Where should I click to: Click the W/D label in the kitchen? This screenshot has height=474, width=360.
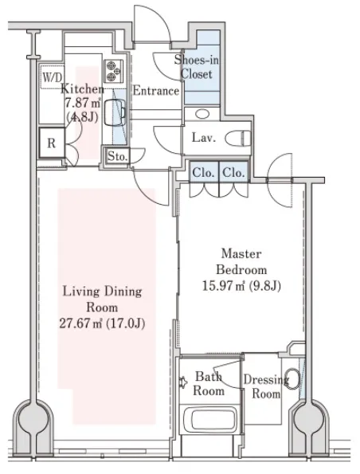tap(53, 77)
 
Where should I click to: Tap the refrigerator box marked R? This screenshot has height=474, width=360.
tap(52, 143)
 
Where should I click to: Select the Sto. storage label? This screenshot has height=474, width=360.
tap(118, 156)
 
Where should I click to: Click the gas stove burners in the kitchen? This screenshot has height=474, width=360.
tap(114, 71)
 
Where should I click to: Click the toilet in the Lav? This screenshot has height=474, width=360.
tap(238, 139)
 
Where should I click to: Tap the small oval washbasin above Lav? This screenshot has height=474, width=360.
tap(202, 114)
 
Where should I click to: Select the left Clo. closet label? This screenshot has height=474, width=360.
tap(203, 173)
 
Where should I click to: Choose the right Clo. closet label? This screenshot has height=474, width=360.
tap(233, 173)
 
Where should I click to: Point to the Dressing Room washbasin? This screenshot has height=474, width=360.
tap(292, 378)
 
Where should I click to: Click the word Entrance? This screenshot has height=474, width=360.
tap(156, 91)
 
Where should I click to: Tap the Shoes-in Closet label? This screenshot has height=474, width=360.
tap(197, 67)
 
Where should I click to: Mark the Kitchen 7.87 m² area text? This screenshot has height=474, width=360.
tap(83, 103)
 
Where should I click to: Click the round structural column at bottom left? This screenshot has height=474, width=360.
tap(33, 419)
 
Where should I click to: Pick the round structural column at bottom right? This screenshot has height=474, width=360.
tap(310, 419)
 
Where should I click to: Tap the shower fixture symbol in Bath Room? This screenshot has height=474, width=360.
tap(182, 382)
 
